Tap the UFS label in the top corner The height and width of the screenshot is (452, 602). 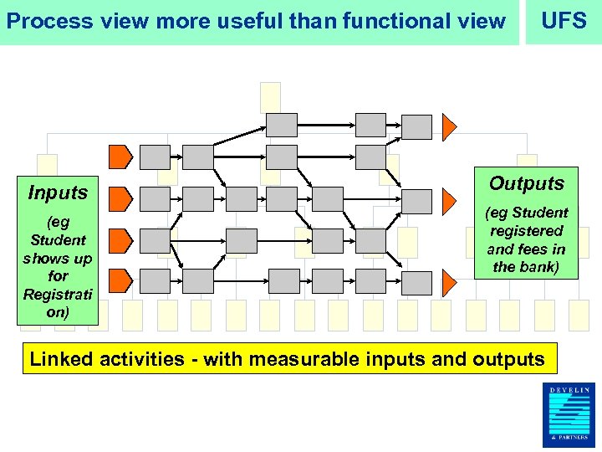(564, 21)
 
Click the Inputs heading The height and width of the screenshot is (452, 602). (58, 193)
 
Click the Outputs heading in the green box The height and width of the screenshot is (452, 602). (527, 183)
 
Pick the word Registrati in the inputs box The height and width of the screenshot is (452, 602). (58, 294)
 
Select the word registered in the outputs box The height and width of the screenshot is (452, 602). (527, 231)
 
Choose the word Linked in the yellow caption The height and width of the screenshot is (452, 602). (63, 360)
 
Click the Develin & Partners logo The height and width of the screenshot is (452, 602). (569, 415)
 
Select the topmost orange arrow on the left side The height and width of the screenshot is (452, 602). (120, 157)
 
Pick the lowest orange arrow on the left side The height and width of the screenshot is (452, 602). (120, 280)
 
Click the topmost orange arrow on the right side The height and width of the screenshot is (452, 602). (449, 126)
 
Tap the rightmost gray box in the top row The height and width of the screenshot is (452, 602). (416, 126)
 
